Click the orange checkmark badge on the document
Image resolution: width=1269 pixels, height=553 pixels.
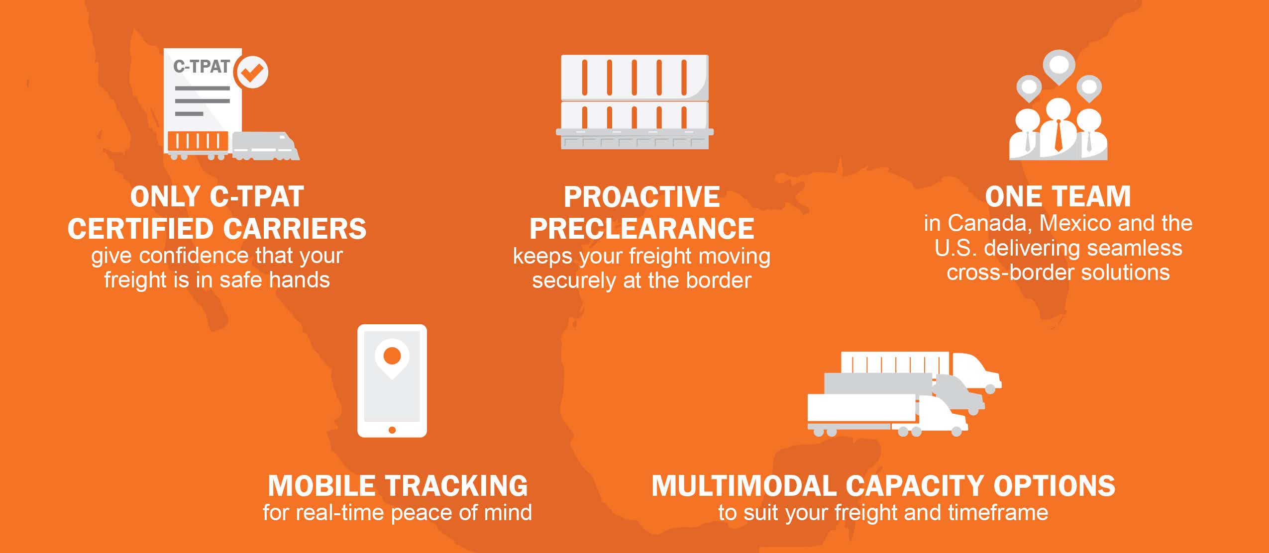[x=252, y=72]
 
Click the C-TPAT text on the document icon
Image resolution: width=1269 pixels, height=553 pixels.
[x=201, y=67]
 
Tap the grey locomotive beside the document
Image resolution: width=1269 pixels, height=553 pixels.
[x=266, y=146]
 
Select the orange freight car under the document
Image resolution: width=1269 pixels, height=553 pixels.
[x=198, y=143]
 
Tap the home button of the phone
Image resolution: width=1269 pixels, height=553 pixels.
[x=392, y=430]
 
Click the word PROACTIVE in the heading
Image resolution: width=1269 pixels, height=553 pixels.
[x=641, y=197]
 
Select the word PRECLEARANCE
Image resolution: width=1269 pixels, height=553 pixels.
[x=641, y=229]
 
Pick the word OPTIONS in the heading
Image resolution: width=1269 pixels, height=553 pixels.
[x=1055, y=486]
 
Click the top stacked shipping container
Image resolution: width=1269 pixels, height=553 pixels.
[x=634, y=77]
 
